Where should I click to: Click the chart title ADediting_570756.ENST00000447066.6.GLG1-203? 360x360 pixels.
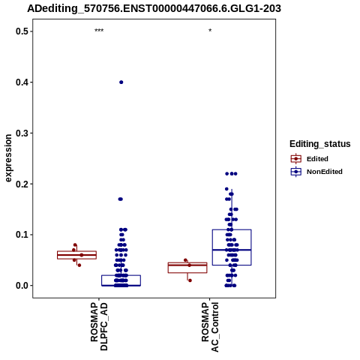tap(154, 8)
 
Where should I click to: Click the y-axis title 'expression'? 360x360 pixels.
tap(8, 158)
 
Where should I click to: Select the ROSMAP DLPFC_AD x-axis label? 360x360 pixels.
tap(99, 326)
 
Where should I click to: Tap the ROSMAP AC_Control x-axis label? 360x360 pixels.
tap(210, 327)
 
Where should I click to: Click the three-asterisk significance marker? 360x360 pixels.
tap(99, 31)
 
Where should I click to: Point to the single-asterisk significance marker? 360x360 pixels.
tap(210, 31)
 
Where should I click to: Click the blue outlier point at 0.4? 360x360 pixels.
tap(121, 82)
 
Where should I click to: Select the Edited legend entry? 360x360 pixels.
tap(309, 159)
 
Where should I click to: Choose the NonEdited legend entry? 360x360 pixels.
tap(316, 172)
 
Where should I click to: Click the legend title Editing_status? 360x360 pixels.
tap(320, 144)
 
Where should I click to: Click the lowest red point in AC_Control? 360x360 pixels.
tap(190, 280)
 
